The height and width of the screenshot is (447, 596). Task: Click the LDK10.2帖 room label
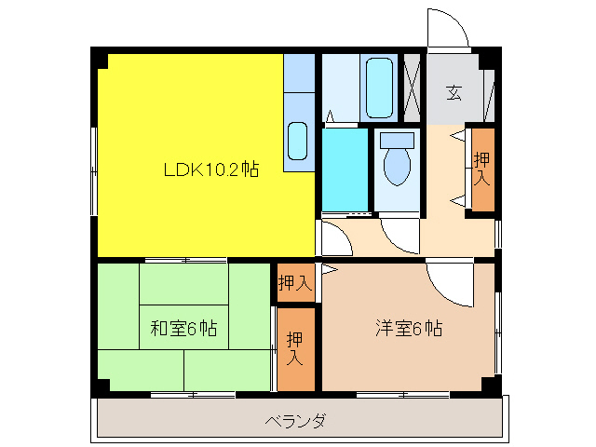[211, 169]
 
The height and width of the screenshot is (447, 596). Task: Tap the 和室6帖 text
[184, 328]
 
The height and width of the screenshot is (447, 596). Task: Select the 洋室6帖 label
[409, 328]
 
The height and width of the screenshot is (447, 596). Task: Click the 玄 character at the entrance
[454, 92]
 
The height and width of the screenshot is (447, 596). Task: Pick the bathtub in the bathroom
[380, 88]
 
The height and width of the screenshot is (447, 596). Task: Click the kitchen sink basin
[298, 141]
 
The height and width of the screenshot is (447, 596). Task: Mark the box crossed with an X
[410, 88]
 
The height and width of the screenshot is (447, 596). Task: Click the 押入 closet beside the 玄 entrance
[481, 169]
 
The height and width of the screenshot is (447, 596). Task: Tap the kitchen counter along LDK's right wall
[299, 112]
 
